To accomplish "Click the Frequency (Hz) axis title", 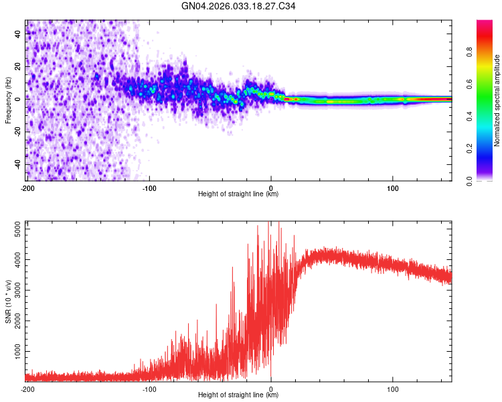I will pyautogui.click(x=8, y=100).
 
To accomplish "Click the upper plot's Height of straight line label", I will pyautogui.click(x=238, y=194).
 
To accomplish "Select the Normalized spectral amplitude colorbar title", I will pyautogui.click(x=497, y=100).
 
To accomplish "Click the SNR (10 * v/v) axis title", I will pyautogui.click(x=8, y=301).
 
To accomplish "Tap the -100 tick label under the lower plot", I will pyautogui.click(x=149, y=389).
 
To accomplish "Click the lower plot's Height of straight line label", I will pyautogui.click(x=238, y=395).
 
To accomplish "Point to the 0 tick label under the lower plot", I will pyautogui.click(x=271, y=389).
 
